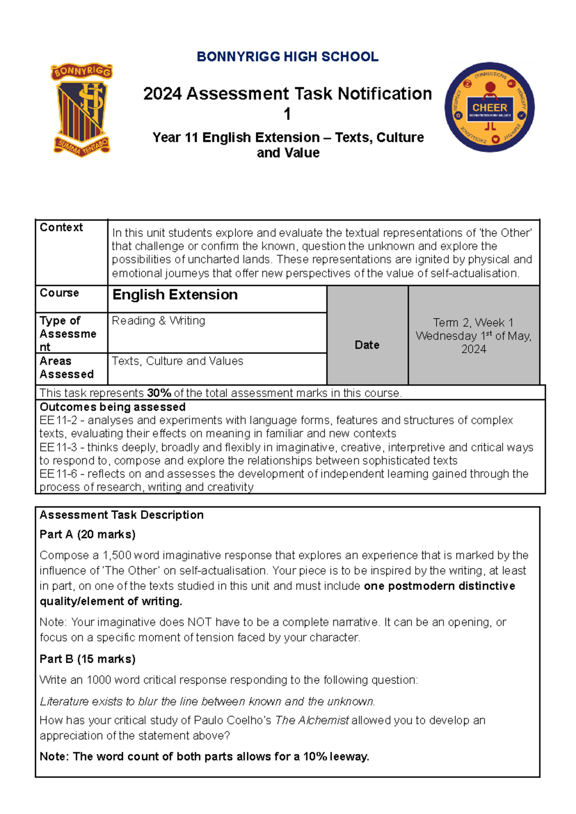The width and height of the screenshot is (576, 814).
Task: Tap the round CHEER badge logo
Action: pyautogui.click(x=490, y=107)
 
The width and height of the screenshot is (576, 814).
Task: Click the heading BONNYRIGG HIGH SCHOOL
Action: pyautogui.click(x=288, y=57)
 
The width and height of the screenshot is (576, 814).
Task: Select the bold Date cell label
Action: pyautogui.click(x=367, y=345)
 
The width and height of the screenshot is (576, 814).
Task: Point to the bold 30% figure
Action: pyautogui.click(x=159, y=393)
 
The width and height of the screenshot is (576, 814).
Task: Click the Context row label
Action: pyautogui.click(x=61, y=227)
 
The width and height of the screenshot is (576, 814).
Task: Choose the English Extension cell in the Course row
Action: pyautogui.click(x=175, y=295)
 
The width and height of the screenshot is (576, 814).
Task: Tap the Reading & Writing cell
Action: pyautogui.click(x=158, y=321)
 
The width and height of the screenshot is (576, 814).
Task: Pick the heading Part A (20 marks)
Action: pyautogui.click(x=87, y=534)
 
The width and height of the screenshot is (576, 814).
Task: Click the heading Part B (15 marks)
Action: pyautogui.click(x=87, y=659)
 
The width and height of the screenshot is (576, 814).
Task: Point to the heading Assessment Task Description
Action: pyautogui.click(x=121, y=515)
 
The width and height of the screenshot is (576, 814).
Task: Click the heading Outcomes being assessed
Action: pyautogui.click(x=112, y=407)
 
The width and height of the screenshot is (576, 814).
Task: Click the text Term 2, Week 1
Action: pyautogui.click(x=473, y=322)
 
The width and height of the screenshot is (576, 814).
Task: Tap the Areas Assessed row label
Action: pyautogui.click(x=66, y=368)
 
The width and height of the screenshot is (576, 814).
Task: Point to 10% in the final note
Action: pyautogui.click(x=315, y=757)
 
